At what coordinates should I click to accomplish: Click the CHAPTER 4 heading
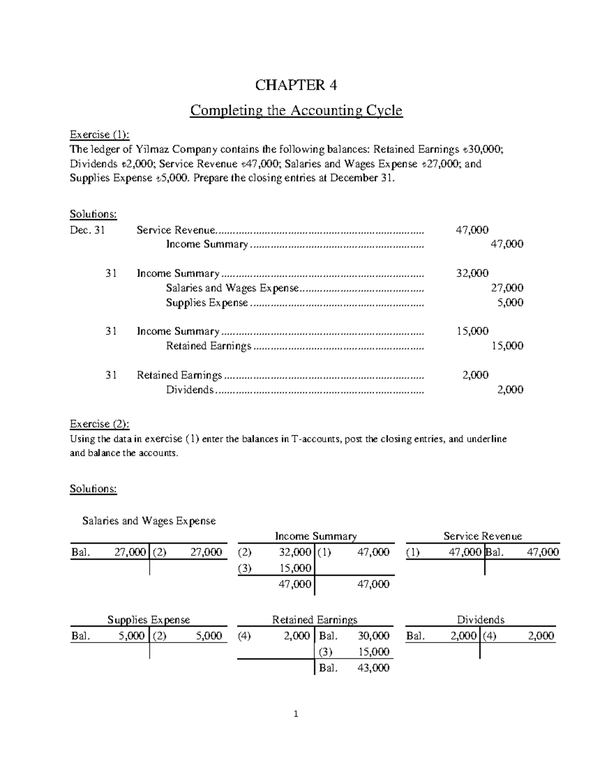[296, 85]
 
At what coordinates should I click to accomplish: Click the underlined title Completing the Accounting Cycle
[296, 110]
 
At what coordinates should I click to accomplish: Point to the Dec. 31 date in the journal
[87, 230]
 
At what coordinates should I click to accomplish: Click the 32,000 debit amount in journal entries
[472, 273]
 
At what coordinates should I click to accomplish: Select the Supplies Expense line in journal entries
[207, 302]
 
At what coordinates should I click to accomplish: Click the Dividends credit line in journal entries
[190, 390]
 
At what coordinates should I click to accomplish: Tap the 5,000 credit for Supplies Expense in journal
[510, 302]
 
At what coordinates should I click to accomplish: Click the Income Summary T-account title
[315, 536]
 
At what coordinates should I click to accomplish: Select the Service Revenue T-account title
[482, 536]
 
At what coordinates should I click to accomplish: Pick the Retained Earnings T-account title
[315, 619]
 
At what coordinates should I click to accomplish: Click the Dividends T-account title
[480, 619]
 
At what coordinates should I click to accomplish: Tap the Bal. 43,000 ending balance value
[374, 668]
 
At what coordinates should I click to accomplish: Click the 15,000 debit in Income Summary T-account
[295, 568]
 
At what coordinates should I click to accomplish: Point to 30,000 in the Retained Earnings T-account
[374, 636]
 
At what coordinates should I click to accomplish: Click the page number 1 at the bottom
[296, 714]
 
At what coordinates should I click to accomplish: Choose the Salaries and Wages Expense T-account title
[149, 521]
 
